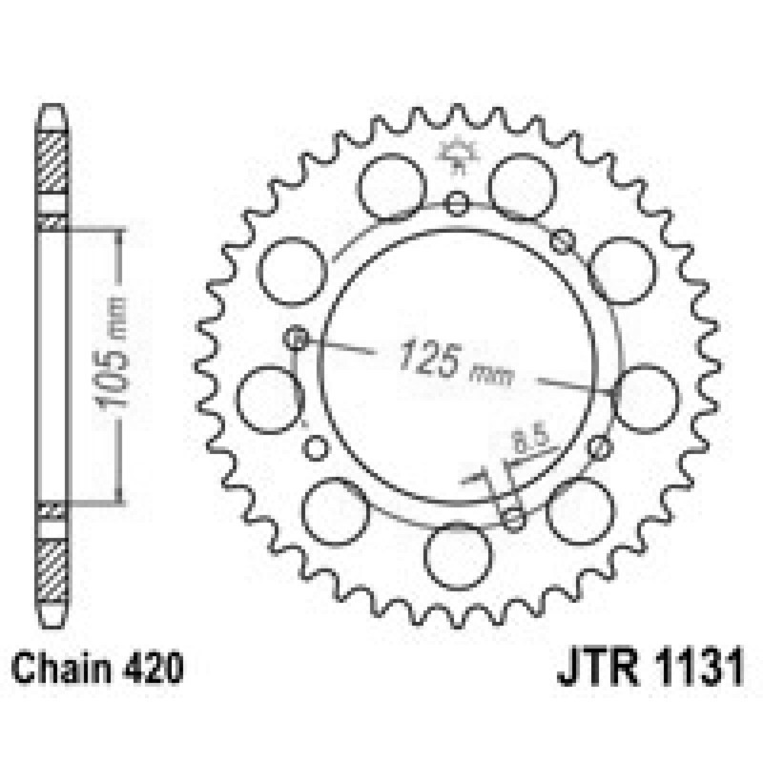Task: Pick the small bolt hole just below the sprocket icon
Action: (x=459, y=202)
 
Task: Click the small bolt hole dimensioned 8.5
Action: (x=514, y=519)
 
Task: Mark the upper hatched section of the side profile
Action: (x=52, y=160)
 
